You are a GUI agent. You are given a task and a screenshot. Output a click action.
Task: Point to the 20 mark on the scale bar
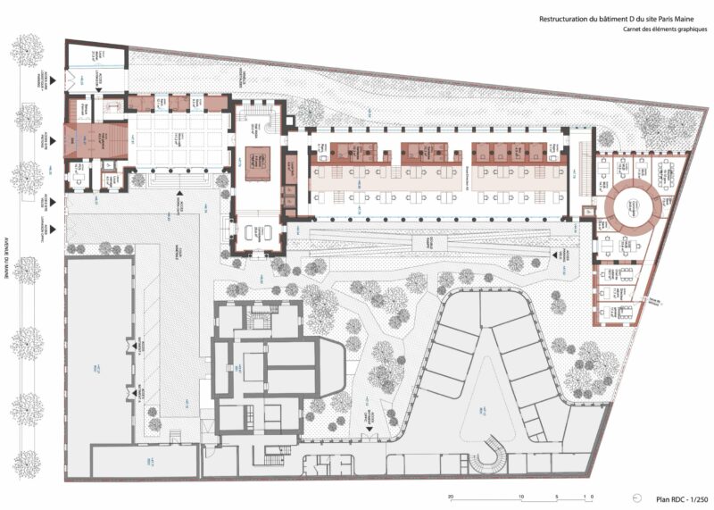pyautogui.click(x=452, y=497)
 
